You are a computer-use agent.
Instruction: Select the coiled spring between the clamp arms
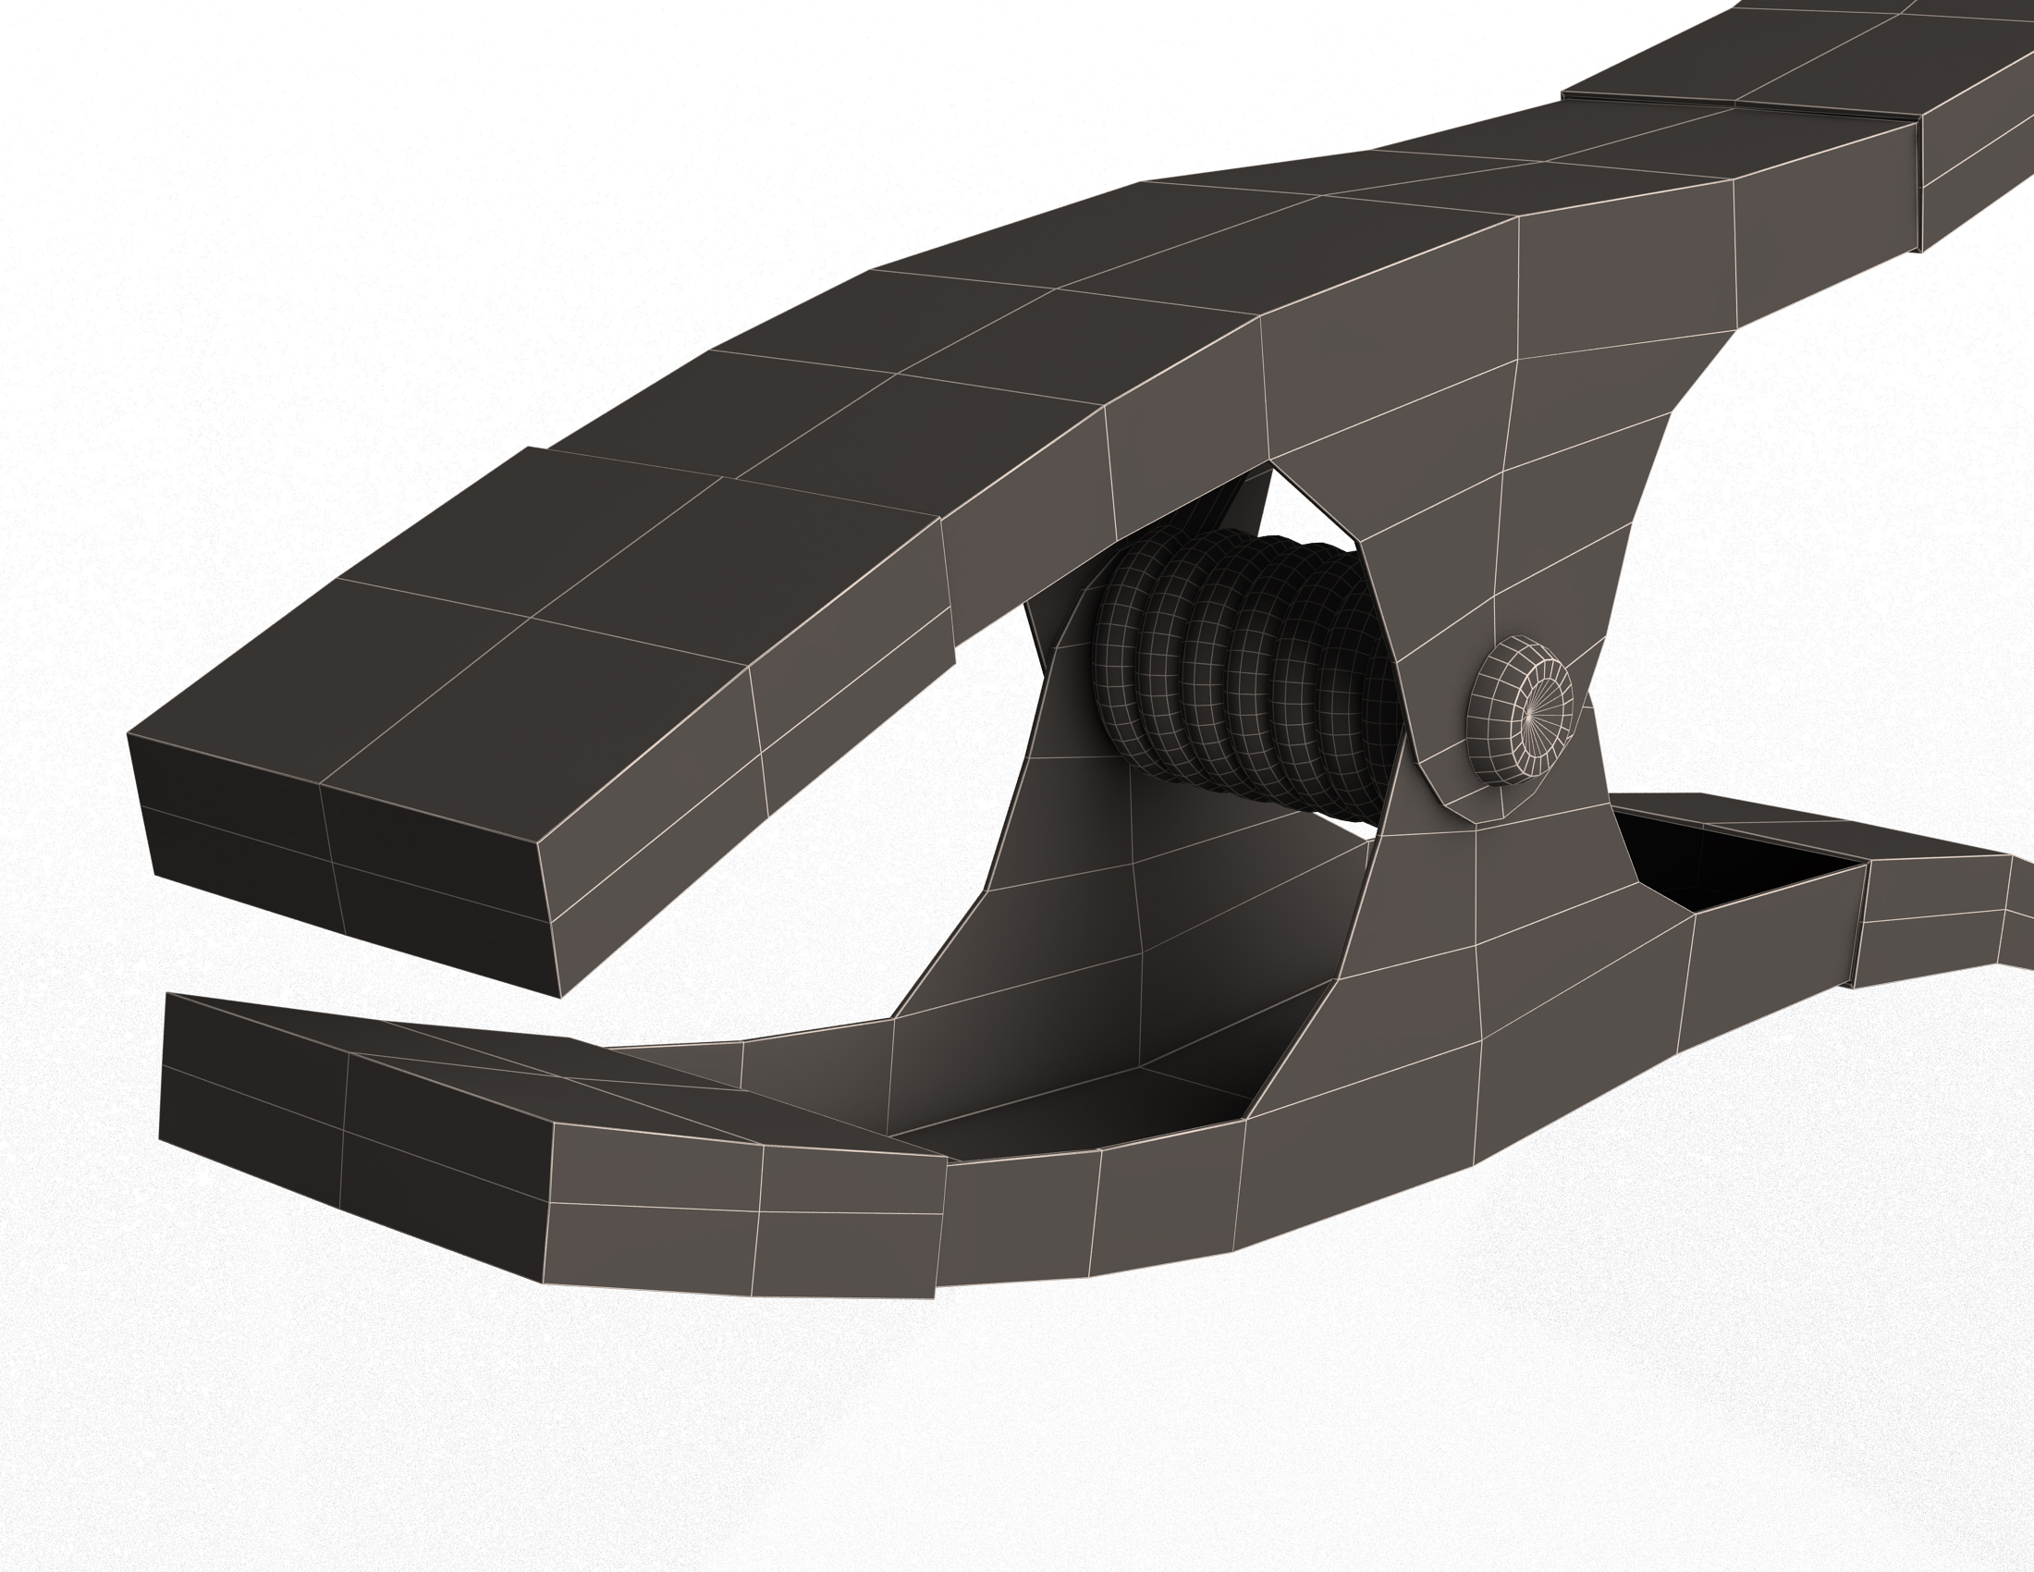coord(1248,670)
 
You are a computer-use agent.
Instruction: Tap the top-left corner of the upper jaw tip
coord(129,734)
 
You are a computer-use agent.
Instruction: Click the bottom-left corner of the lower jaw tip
coord(160,1139)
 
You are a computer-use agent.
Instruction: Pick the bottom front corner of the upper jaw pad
coord(559,997)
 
